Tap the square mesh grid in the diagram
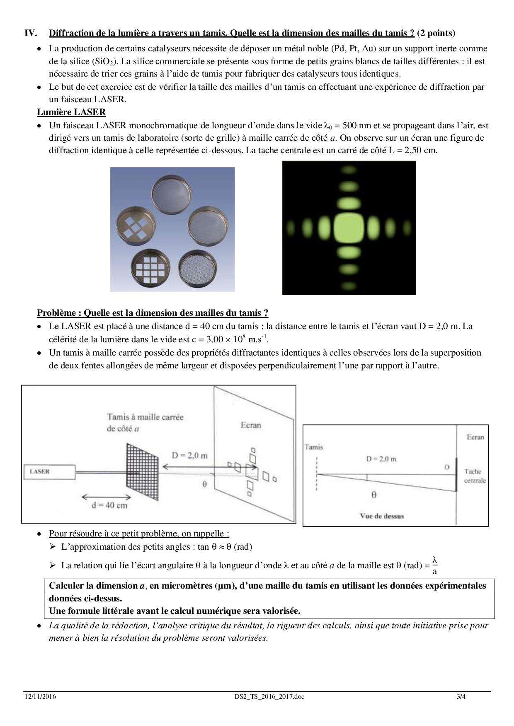point(143,472)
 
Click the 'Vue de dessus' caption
point(382,516)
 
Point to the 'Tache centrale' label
point(475,476)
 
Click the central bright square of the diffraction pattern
point(349,227)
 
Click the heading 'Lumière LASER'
point(71,112)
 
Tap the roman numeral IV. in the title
point(31,33)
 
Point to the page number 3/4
point(461,697)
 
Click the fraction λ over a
point(434,565)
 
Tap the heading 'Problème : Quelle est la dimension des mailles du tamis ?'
point(153,313)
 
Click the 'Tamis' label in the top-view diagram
point(314,447)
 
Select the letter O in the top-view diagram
point(447,467)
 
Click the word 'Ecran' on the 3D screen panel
point(251,425)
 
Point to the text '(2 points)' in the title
point(436,33)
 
